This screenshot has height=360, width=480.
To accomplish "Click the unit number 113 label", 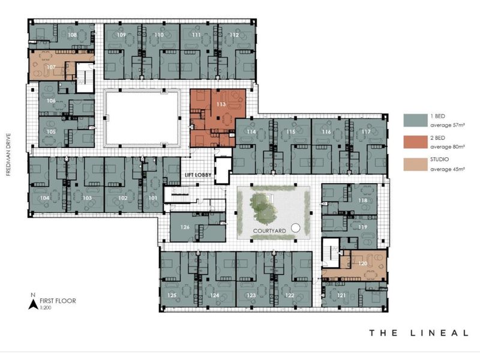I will coord(220,104).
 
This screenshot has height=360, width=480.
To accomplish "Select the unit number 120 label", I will coord(362,263).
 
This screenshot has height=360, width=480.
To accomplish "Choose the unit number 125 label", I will coord(172,295).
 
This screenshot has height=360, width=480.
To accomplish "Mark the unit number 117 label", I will coord(365,131).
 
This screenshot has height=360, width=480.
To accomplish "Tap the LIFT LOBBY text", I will coord(197,175).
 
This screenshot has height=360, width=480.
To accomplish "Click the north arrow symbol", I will coord(32,303).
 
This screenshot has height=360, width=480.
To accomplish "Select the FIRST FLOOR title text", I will coord(58,300).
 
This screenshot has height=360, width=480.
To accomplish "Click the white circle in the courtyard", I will coord(295,227).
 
